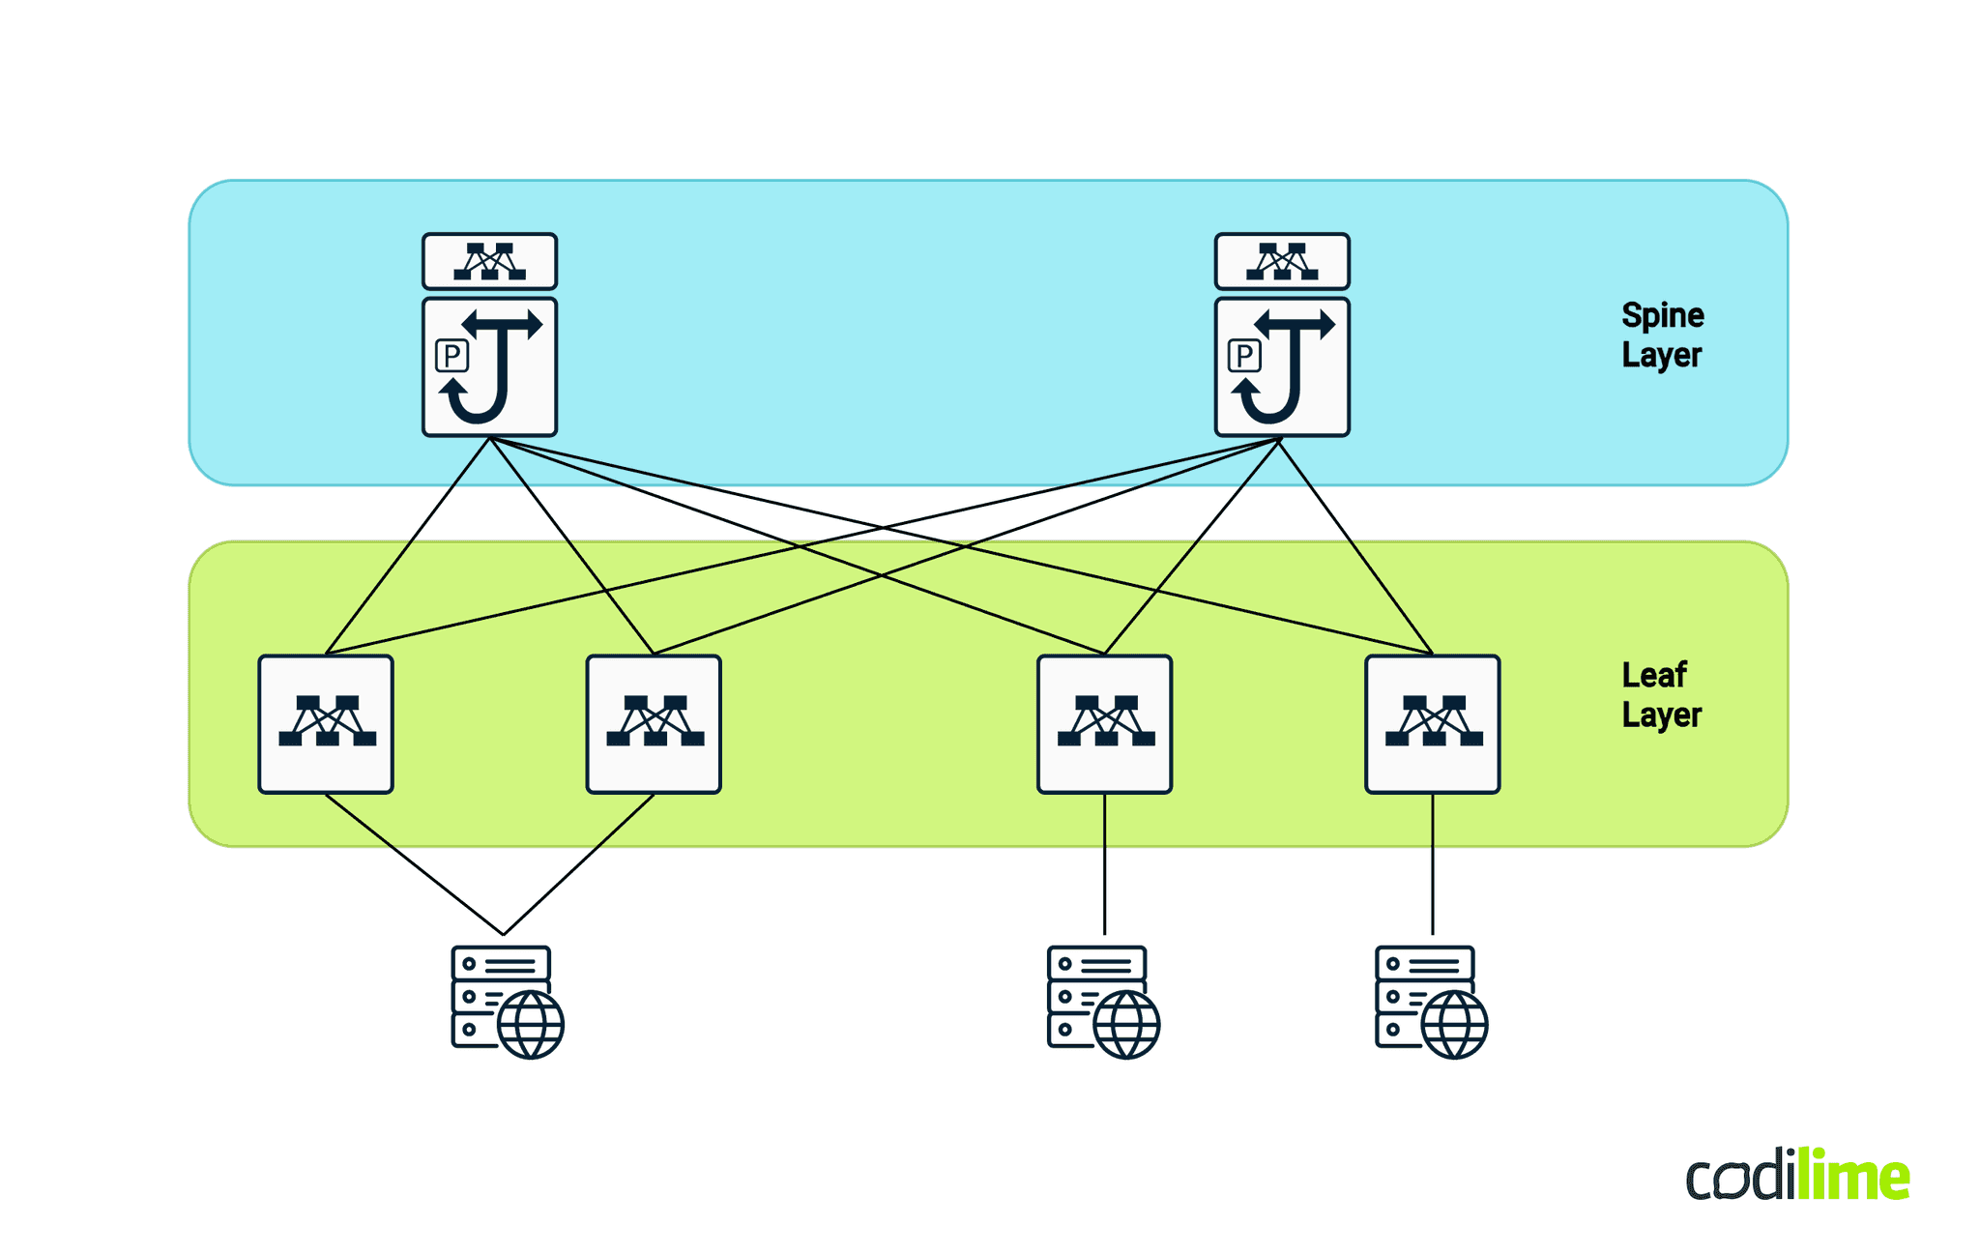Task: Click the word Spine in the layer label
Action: point(1662,316)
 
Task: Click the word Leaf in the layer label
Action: point(1653,675)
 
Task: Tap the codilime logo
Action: point(1797,1175)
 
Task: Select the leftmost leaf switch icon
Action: point(326,724)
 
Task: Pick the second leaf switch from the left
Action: point(654,724)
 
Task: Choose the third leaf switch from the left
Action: point(1104,724)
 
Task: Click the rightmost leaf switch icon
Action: point(1432,724)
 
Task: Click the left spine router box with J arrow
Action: point(489,367)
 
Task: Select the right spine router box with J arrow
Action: point(1282,367)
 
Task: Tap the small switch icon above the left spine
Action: point(489,261)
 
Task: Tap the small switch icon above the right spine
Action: point(1282,261)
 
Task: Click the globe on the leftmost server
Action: point(531,1025)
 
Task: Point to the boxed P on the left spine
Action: point(451,356)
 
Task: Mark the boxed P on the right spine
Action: point(1244,356)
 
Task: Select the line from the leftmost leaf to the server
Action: point(414,863)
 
